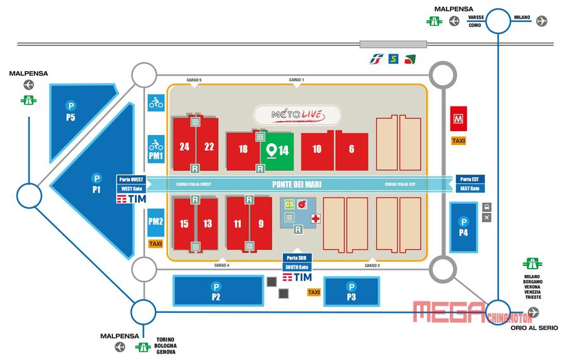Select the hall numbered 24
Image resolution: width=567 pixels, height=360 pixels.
pyautogui.click(x=184, y=147)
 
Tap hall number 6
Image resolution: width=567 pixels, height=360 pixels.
pyautogui.click(x=352, y=149)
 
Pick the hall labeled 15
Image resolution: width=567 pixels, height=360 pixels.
pyautogui.click(x=184, y=224)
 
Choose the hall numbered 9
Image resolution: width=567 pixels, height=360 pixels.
pyautogui.click(x=261, y=224)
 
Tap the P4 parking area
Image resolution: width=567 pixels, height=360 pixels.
pyautogui.click(x=464, y=226)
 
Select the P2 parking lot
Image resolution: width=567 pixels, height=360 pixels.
pyautogui.click(x=216, y=291)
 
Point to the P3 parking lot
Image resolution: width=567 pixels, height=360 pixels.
pyautogui.click(x=352, y=291)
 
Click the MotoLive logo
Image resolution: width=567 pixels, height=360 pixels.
pyautogui.click(x=297, y=115)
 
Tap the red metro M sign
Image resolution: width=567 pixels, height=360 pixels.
pyautogui.click(x=458, y=117)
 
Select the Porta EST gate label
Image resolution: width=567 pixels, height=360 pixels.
pyautogui.click(x=470, y=179)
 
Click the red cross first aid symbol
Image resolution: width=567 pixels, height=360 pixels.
pyautogui.click(x=315, y=218)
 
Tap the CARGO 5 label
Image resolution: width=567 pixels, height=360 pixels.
pyautogui.click(x=194, y=80)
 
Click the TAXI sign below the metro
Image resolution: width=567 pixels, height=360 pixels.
pyautogui.click(x=458, y=141)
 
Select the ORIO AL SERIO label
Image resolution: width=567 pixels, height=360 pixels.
pyautogui.click(x=534, y=327)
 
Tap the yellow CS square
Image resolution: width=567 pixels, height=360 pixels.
pyautogui.click(x=289, y=204)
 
